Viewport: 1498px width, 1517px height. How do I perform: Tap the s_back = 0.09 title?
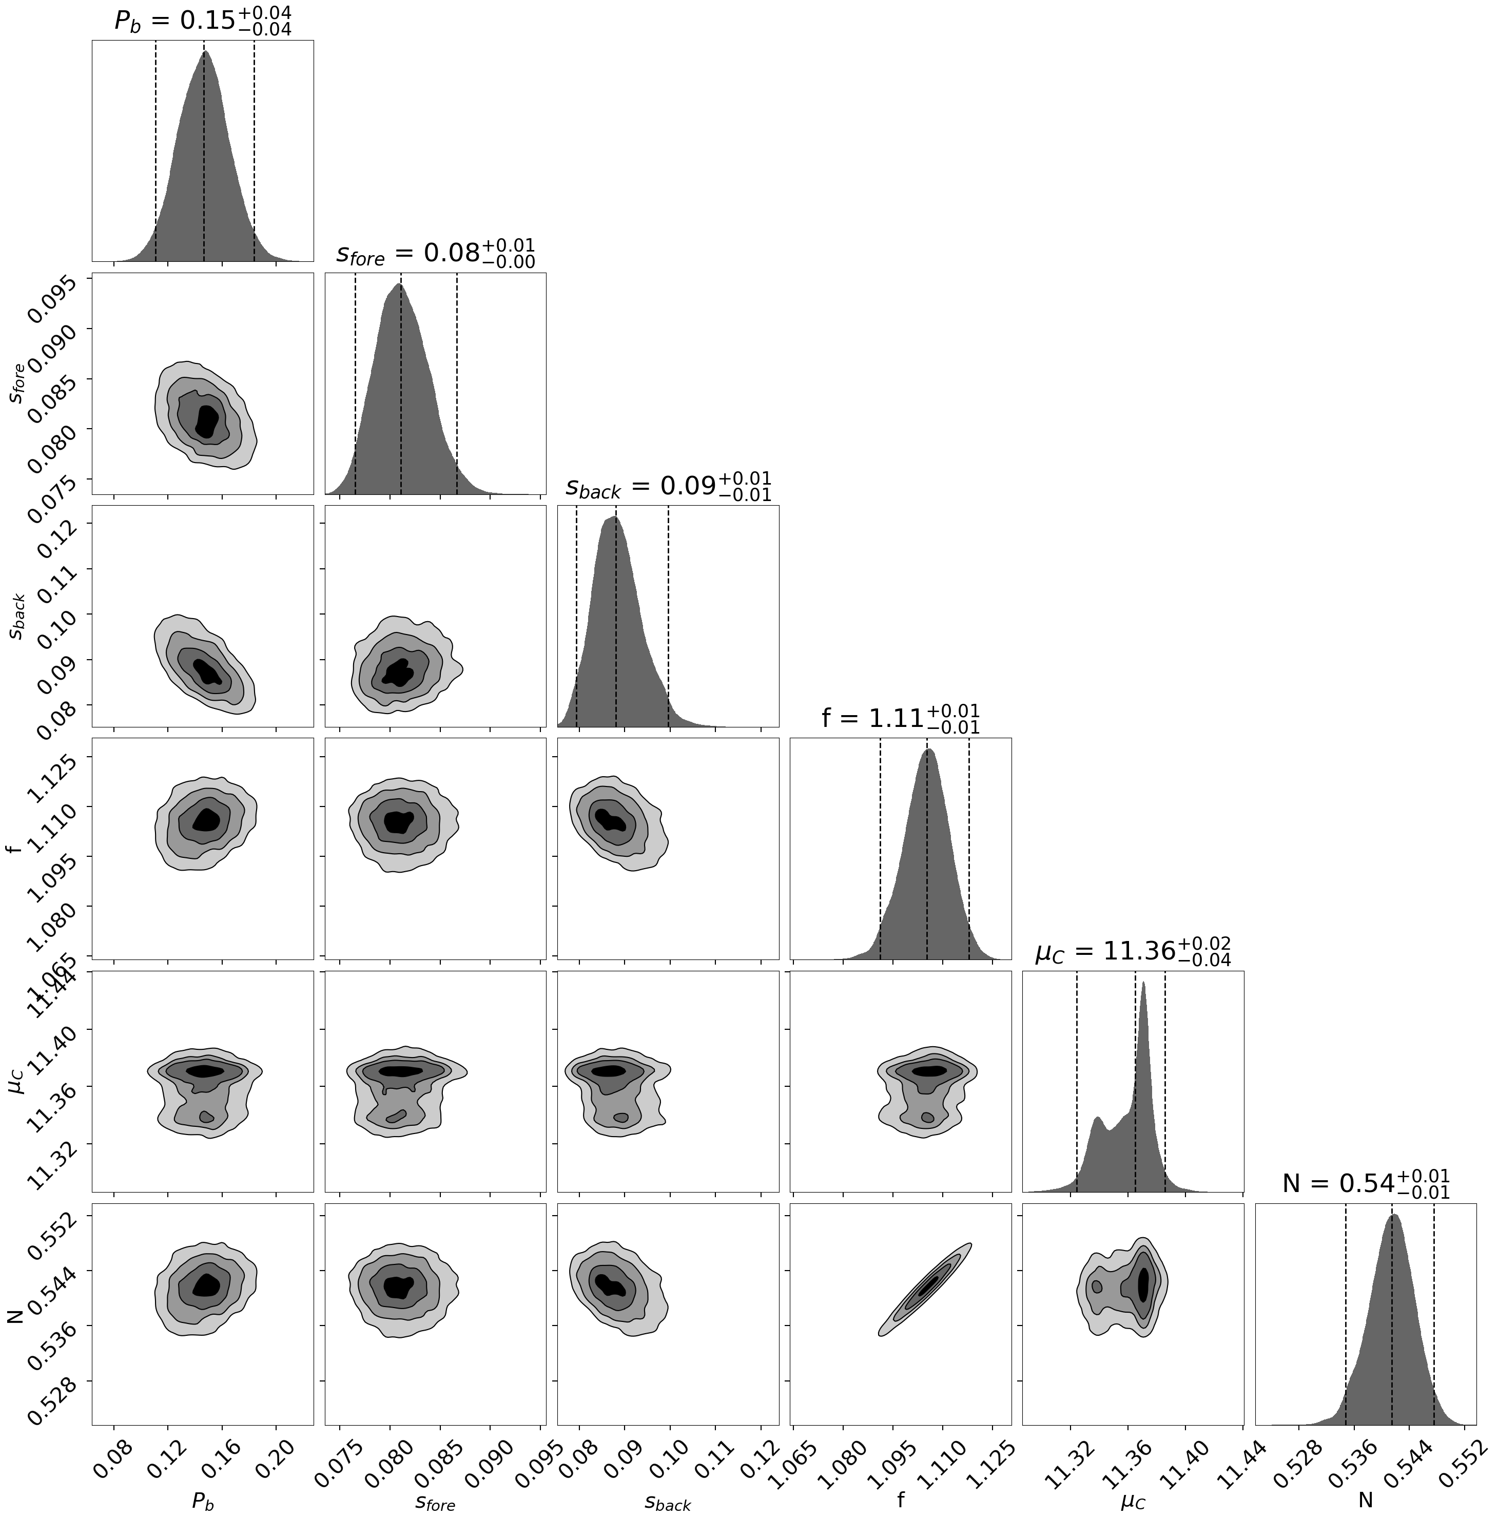[x=668, y=486]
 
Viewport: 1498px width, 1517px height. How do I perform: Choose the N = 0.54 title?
[x=1365, y=1183]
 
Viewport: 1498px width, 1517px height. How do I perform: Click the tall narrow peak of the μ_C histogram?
[x=1143, y=986]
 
